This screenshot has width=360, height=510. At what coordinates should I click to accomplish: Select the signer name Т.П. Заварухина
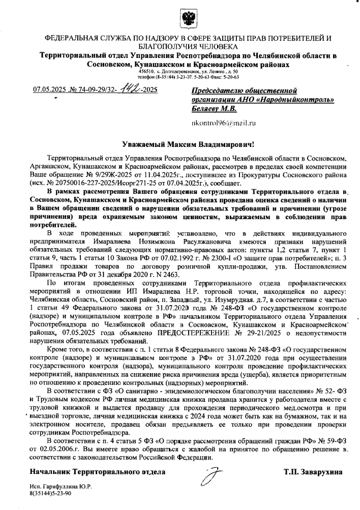pos(313,472)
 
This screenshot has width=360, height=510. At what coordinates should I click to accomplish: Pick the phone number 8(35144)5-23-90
pos(50,493)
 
